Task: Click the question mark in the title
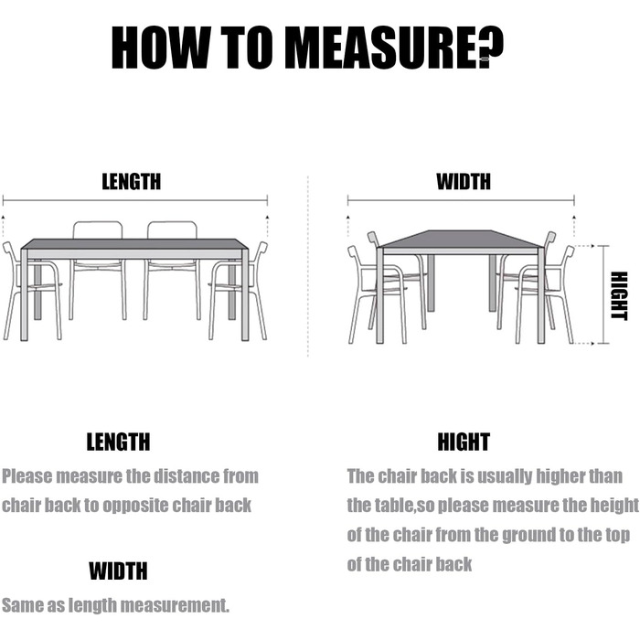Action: tap(490, 46)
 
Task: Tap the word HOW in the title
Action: tap(160, 47)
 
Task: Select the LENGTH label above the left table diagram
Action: tap(132, 182)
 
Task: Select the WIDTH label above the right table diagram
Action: tap(464, 182)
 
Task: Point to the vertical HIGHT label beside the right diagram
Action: tap(619, 296)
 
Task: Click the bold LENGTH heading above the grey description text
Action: tap(118, 442)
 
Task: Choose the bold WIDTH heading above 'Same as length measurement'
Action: tap(118, 571)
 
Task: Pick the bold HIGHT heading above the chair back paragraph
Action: tap(464, 442)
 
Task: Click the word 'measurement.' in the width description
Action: tap(175, 605)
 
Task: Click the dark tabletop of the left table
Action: tap(134, 244)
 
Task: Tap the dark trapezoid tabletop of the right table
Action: tap(461, 239)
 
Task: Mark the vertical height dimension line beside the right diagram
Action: tap(603, 294)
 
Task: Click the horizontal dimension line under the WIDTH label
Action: tap(461, 200)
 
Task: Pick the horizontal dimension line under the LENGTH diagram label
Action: tap(135, 200)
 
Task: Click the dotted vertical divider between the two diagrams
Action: tap(308, 266)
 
